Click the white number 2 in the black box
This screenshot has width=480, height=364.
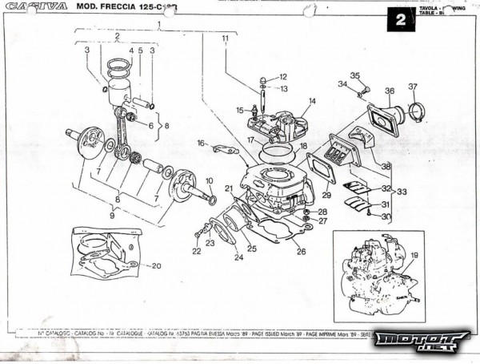(x=399, y=20)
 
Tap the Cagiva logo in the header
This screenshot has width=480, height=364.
(x=38, y=6)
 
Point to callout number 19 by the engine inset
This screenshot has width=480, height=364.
(x=414, y=255)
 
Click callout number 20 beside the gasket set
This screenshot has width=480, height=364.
(x=156, y=265)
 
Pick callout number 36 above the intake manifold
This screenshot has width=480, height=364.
(x=390, y=91)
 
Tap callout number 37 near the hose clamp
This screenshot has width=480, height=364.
(x=413, y=87)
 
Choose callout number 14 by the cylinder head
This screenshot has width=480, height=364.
(x=311, y=101)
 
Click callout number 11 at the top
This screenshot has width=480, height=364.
(x=226, y=38)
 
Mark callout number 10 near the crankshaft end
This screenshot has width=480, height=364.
(x=210, y=181)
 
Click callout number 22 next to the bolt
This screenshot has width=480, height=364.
(x=197, y=251)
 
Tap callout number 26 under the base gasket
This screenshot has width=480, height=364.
(x=301, y=251)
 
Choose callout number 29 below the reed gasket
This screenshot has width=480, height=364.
(x=326, y=195)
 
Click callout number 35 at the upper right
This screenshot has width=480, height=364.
(x=356, y=76)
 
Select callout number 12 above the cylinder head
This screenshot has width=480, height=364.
(x=283, y=77)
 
